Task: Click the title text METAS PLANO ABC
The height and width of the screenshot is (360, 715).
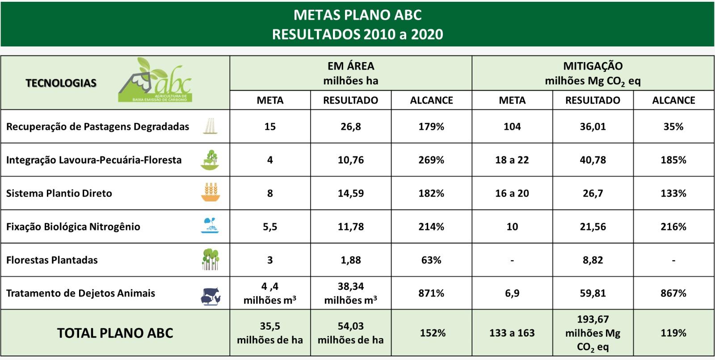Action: tap(357, 15)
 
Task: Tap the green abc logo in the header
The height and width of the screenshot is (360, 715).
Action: tap(156, 80)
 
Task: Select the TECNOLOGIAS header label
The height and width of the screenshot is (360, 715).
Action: tap(61, 83)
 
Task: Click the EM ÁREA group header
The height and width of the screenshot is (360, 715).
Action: tap(351, 73)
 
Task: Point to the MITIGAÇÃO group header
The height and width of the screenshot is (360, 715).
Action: tap(593, 74)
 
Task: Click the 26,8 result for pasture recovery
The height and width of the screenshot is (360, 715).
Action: tap(351, 127)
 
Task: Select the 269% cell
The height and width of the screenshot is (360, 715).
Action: tap(431, 160)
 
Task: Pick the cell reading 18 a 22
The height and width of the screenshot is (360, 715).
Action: tap(512, 160)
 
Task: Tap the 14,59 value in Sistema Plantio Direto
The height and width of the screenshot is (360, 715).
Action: tap(351, 193)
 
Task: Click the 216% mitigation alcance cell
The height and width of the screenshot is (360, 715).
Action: tap(673, 226)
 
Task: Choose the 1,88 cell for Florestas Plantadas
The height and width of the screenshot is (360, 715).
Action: tap(351, 260)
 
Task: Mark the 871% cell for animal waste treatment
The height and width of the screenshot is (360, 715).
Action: tap(431, 293)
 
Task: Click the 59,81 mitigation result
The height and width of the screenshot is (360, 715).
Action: tap(593, 293)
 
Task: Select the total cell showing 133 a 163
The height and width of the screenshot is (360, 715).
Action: tap(512, 333)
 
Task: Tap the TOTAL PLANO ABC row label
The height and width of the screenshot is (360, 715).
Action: tap(115, 333)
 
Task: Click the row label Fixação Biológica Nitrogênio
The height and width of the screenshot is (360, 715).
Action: tap(73, 226)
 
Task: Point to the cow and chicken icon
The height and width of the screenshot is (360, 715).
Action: tap(210, 297)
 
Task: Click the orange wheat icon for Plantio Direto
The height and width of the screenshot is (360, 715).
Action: tap(210, 192)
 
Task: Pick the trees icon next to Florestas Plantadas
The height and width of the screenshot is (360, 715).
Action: tap(210, 259)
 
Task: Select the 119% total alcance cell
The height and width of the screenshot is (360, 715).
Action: tap(673, 333)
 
